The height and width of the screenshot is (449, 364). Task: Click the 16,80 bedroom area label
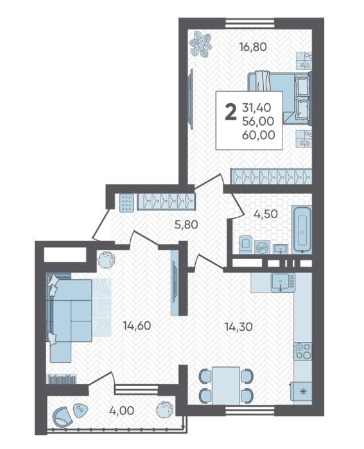(x=253, y=46)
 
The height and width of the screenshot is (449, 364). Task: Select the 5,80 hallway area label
(x=186, y=224)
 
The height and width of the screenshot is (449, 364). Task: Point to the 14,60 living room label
(x=137, y=326)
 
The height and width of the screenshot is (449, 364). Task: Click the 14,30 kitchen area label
(x=238, y=326)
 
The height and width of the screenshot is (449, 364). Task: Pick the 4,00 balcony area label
(x=121, y=411)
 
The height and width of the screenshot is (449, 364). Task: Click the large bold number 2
(x=230, y=112)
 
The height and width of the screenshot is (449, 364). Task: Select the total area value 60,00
(x=259, y=135)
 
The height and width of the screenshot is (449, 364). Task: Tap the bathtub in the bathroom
(x=301, y=230)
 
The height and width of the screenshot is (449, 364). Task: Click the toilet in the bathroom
(x=245, y=244)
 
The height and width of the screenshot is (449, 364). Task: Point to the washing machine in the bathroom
(x=261, y=246)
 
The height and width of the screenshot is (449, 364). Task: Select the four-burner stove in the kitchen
(x=302, y=352)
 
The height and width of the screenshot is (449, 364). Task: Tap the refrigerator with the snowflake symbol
(x=301, y=392)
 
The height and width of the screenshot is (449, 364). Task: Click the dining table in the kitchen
(x=226, y=385)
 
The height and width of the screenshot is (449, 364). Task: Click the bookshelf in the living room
(x=62, y=379)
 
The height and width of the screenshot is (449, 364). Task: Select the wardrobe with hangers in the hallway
(x=166, y=202)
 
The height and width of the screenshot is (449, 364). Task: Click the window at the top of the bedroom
(x=250, y=23)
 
